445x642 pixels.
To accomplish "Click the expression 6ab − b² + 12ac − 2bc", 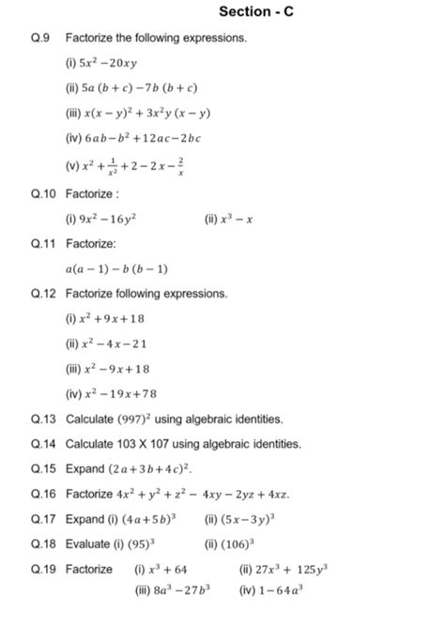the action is [x=143, y=138].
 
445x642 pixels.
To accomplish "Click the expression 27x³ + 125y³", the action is [x=293, y=569].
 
